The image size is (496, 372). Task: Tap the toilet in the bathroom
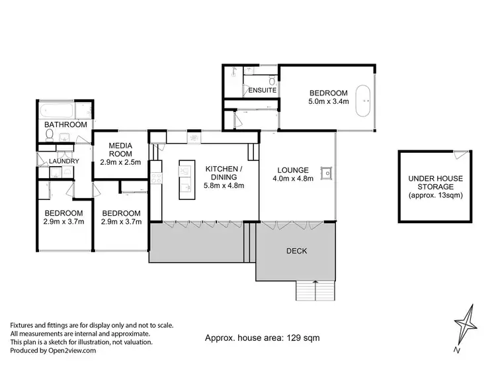50,135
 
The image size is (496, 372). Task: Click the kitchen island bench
185,180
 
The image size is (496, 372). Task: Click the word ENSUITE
262,90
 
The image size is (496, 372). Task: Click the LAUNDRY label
64,161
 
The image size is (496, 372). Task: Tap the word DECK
296,251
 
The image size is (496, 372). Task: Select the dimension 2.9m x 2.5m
120,162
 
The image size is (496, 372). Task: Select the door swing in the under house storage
460,155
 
